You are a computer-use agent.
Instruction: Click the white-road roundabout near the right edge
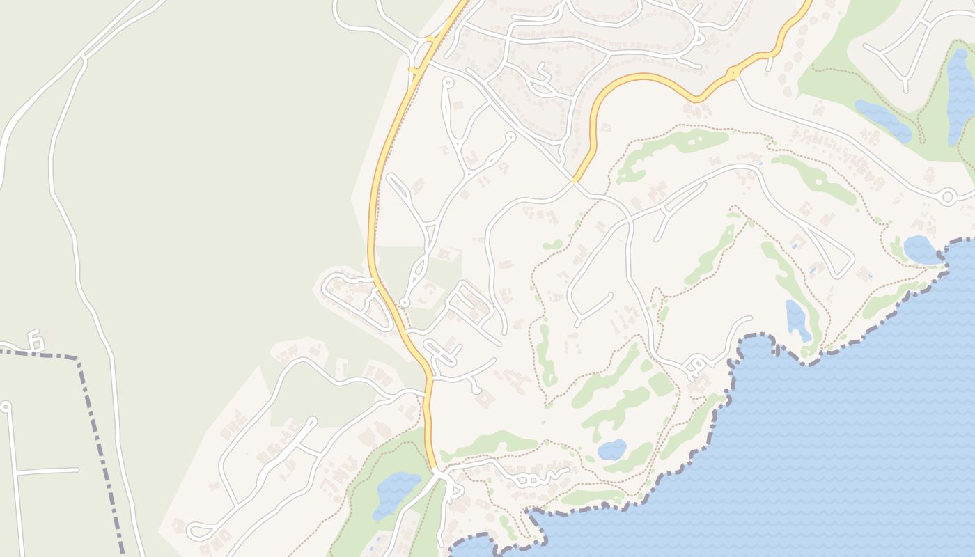pyautogui.click(x=947, y=197)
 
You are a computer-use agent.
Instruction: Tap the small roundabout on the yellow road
pyautogui.click(x=733, y=72)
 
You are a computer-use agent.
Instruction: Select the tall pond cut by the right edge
pyautogui.click(x=962, y=97)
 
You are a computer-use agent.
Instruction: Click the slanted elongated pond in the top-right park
pyautogui.click(x=882, y=120)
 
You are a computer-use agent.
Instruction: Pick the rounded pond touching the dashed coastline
pyautogui.click(x=921, y=249)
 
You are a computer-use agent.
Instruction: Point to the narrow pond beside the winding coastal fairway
pyautogui.click(x=798, y=320)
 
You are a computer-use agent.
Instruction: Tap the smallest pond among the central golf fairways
pyautogui.click(x=611, y=449)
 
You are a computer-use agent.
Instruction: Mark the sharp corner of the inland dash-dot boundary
pyautogui.click(x=78, y=359)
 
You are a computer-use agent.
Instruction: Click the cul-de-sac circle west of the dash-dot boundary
pyautogui.click(x=6, y=405)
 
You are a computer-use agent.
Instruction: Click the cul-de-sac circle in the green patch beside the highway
pyautogui.click(x=404, y=303)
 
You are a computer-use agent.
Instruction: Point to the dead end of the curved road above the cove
pyautogui.click(x=751, y=319)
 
